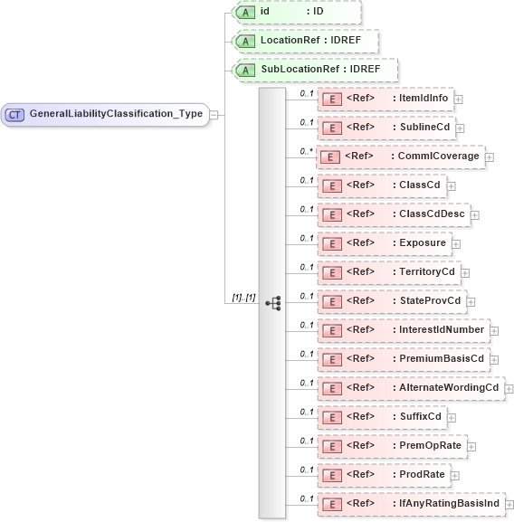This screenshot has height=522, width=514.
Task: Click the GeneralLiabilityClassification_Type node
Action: coord(105,114)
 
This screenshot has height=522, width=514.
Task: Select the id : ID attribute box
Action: coord(297,13)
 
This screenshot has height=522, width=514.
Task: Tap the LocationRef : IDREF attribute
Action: coord(305,41)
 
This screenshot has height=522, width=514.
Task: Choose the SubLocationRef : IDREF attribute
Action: coord(314,70)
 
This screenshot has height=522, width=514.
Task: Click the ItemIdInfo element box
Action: coord(385,99)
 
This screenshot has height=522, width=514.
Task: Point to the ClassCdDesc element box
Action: coord(393,214)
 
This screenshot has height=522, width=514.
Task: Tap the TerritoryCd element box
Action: coord(388,271)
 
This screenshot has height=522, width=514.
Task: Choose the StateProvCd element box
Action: coord(391,300)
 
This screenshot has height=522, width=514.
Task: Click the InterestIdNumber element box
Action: coord(402,329)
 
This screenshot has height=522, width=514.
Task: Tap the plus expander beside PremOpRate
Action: coord(471,447)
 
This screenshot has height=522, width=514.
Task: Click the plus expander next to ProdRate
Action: coord(455,476)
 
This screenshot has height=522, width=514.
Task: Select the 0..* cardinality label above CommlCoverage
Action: coord(307,150)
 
